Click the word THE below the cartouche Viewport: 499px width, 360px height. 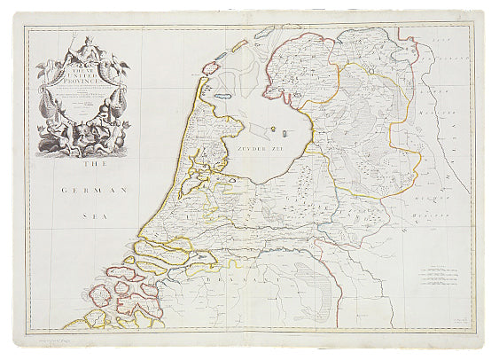click(x=88, y=166)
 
